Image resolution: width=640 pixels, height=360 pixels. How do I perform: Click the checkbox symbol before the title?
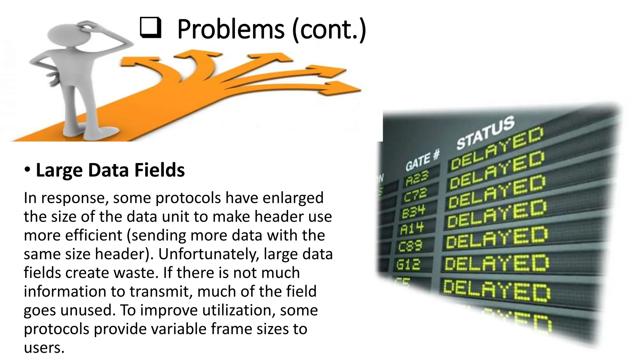click(151, 28)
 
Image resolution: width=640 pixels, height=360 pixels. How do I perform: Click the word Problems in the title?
click(231, 29)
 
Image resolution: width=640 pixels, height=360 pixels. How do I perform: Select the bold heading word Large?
click(59, 171)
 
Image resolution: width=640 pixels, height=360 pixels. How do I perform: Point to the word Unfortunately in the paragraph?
click(209, 254)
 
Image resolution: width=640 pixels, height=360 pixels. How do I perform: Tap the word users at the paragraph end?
click(44, 348)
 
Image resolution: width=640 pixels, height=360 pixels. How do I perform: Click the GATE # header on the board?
click(422, 160)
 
